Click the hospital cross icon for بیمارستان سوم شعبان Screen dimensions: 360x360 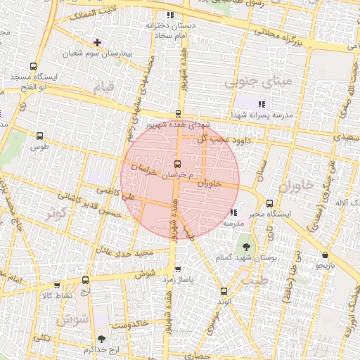coord(97,43)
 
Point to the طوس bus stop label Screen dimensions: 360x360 coord(38,148)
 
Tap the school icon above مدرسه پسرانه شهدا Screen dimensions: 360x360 coord(262,104)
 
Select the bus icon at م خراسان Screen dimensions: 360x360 coord(177,164)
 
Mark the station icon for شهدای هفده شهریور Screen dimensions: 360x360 coord(177,113)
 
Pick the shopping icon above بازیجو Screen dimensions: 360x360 coord(324,255)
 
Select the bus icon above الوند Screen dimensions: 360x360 coord(224,291)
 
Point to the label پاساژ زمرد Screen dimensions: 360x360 coord(178,280)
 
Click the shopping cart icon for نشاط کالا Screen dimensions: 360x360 coord(57,285)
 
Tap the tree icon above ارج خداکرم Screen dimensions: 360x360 coord(102,339)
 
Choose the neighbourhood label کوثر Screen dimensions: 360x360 coord(60,213)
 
